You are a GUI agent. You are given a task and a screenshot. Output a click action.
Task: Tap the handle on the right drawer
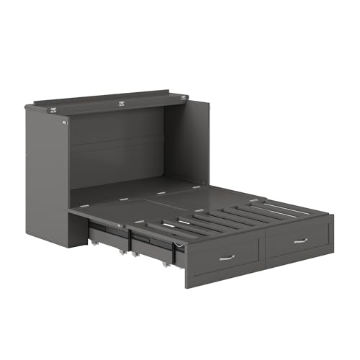(300, 240)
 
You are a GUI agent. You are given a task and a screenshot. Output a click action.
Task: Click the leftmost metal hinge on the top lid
(53, 109)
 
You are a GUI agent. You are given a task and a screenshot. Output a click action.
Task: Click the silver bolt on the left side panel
(64, 122)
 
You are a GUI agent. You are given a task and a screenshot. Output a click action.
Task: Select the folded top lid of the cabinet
(108, 102)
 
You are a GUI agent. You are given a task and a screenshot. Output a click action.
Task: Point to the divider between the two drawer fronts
(264, 248)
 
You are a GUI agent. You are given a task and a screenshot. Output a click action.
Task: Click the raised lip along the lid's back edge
(101, 94)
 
